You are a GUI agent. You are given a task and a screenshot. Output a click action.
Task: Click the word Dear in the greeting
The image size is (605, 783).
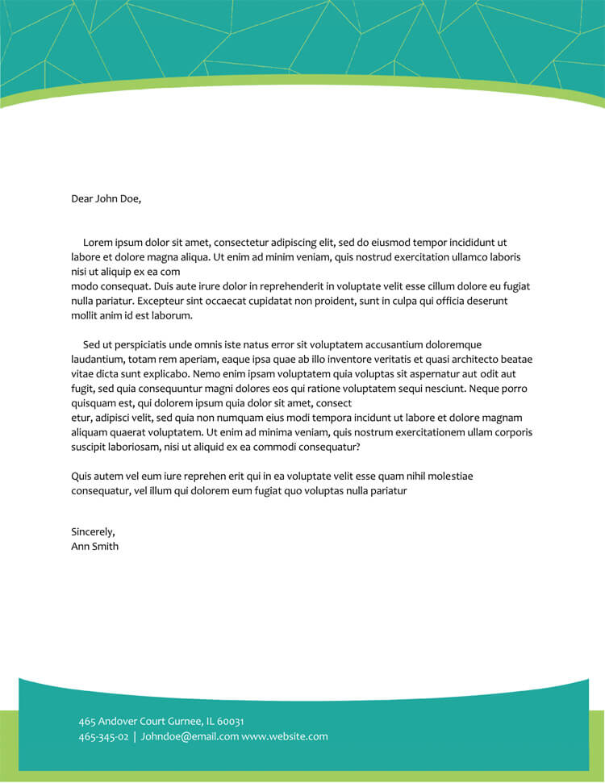tap(82, 198)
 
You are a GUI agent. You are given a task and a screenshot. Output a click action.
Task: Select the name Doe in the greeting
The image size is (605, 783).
tap(129, 198)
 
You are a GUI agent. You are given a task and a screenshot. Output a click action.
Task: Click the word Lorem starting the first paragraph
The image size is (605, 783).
tap(98, 242)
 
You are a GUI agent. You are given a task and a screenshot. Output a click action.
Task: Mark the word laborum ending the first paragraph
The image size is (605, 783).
tap(174, 315)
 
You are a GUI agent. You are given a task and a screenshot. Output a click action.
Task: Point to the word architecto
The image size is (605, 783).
tap(465, 359)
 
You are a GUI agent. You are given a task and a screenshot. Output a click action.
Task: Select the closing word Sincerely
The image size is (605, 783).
tap(93, 531)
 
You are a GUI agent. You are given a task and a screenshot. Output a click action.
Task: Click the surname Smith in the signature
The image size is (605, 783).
tap(105, 546)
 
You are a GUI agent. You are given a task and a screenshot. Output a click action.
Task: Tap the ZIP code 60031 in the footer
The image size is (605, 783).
tap(231, 721)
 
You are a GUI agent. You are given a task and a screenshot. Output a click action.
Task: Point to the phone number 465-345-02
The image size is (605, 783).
tap(103, 736)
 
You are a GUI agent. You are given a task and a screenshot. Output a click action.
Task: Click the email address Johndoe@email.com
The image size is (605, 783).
tap(190, 736)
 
